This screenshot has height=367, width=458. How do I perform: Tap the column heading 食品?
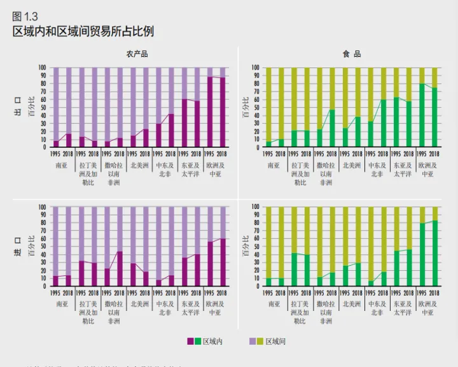pos(348,54)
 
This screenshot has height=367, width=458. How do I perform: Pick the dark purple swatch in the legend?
pos(190,342)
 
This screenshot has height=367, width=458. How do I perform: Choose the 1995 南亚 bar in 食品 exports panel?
pos(268,107)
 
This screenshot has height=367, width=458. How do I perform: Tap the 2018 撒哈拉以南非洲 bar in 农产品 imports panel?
pos(120,247)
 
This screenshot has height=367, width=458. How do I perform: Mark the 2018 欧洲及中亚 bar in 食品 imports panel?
pos(434,247)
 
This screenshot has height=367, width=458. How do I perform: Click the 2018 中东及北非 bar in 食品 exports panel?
pos(384,107)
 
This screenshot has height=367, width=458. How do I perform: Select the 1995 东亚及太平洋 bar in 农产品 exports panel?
pos(184,107)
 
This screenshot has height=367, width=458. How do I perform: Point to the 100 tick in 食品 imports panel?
pos(256,207)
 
